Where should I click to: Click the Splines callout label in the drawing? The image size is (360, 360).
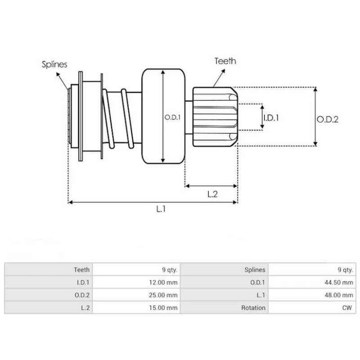click(x=55, y=64)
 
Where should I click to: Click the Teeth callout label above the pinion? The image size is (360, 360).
click(x=225, y=61)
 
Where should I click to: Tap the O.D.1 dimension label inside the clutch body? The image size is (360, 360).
click(x=172, y=117)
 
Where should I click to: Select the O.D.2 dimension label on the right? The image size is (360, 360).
click(x=327, y=119)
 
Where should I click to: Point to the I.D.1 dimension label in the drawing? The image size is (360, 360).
click(x=271, y=117)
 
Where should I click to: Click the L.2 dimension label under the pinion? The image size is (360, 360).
click(x=212, y=194)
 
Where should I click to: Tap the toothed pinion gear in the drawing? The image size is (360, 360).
click(x=214, y=116)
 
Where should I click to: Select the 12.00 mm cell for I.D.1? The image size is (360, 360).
click(x=166, y=283)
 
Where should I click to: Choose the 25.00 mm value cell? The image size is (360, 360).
click(x=166, y=295)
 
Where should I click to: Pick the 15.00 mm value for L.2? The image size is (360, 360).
click(x=166, y=308)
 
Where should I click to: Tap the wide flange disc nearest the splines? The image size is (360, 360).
click(x=81, y=116)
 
